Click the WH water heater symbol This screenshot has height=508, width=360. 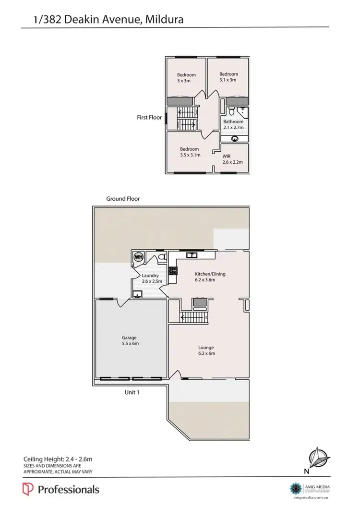[139, 257]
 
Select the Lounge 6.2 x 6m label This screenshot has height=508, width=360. [207, 350]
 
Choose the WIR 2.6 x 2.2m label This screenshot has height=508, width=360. [233, 159]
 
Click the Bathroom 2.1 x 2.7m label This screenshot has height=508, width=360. [233, 124]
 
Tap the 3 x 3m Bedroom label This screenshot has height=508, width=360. [186, 78]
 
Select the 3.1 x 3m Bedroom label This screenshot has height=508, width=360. [228, 77]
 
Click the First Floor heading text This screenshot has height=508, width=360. [149, 117]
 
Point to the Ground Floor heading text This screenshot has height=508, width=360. [123, 198]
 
